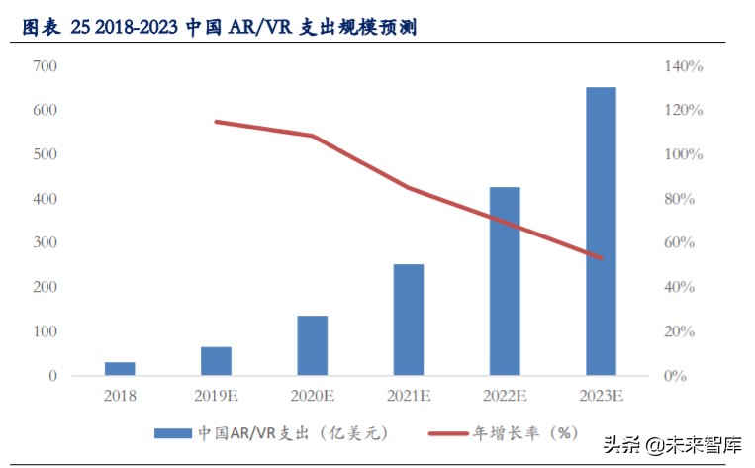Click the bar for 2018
(120, 369)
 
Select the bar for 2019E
(216, 361)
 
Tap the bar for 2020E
(313, 345)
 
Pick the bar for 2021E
(409, 320)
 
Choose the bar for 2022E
(505, 281)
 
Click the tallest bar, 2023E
(601, 232)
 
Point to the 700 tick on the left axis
(46, 67)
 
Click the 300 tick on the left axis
(46, 243)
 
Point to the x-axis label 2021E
(409, 397)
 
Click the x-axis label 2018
(120, 397)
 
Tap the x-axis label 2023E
(601, 397)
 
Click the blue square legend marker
(171, 433)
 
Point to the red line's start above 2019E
(216, 122)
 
